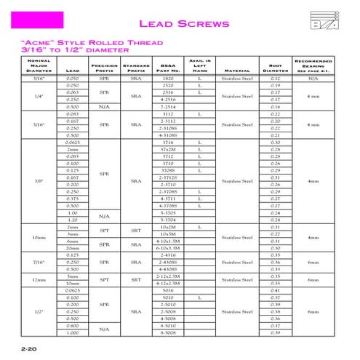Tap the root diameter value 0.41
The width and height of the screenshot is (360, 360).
(x=275, y=290)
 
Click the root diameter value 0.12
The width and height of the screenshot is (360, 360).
(x=275, y=78)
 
